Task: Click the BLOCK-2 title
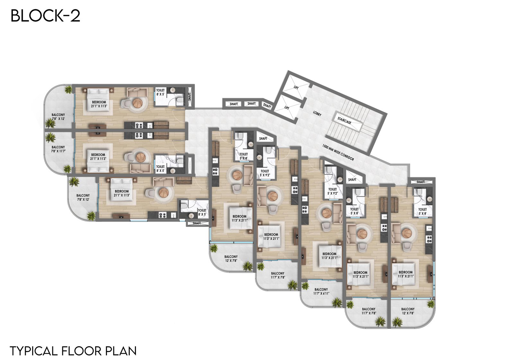click(x=45, y=16)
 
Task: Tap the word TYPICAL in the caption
click(x=33, y=351)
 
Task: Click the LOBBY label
click(x=317, y=113)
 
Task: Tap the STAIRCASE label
click(x=344, y=120)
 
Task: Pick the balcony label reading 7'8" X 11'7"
click(x=58, y=149)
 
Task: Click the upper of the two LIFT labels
click(x=296, y=87)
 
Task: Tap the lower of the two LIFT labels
click(x=287, y=107)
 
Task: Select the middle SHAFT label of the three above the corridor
click(x=252, y=104)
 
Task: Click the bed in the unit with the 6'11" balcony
click(x=329, y=257)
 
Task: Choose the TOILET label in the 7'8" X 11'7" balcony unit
click(x=160, y=167)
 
